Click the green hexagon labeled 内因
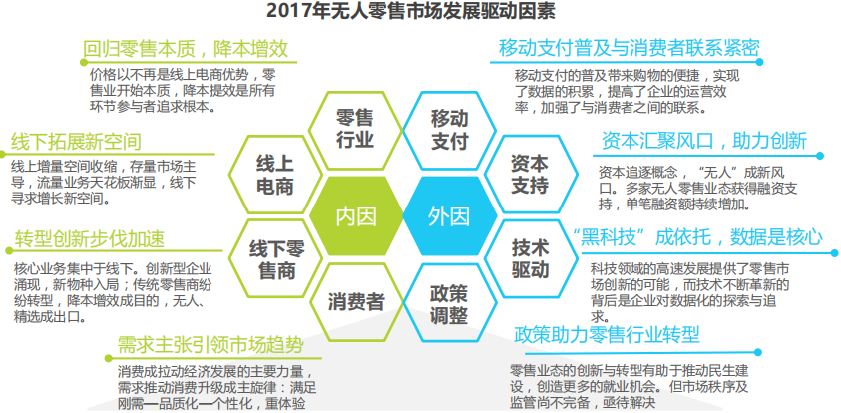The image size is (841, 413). tap(356, 216)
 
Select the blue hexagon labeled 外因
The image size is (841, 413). tap(450, 216)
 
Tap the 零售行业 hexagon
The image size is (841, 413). tap(355, 130)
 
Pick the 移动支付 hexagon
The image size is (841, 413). tap(450, 130)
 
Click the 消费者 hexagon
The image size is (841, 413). tap(356, 302)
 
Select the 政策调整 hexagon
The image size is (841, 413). tap(450, 302)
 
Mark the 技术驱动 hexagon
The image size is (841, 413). tap(531, 259)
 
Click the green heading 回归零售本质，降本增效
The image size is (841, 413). tap(186, 49)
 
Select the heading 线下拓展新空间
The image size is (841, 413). tap(76, 142)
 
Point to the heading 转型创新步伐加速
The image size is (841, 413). tap(90, 239)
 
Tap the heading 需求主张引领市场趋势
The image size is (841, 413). tap(210, 345)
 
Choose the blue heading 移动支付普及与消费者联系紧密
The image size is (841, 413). tap(630, 48)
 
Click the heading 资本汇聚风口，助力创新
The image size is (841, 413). tap(704, 141)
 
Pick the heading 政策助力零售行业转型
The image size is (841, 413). tap(608, 335)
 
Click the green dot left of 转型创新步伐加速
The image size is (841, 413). tap(9, 251)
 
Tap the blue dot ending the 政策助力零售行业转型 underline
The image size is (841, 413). tap(758, 352)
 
